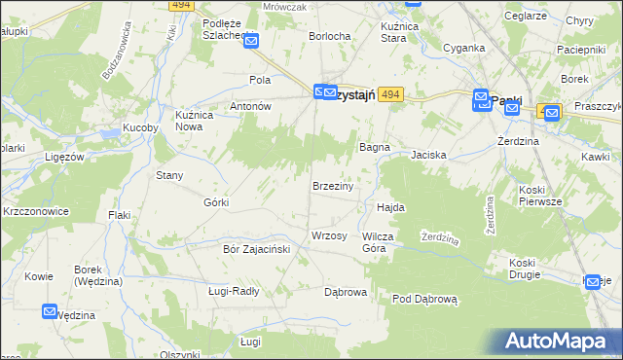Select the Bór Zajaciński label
pos(251,249)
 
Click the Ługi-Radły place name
pos(234,290)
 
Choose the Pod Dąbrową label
pos(424,300)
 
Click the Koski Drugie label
pos(529,269)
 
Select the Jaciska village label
pos(428,155)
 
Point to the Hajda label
pos(390,207)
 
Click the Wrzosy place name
pos(328,236)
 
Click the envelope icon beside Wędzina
pos(51,311)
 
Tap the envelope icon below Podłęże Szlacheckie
pos(251,41)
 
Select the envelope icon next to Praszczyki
pos(552,113)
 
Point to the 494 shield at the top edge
pos(179,5)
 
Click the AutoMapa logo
pos(559,342)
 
